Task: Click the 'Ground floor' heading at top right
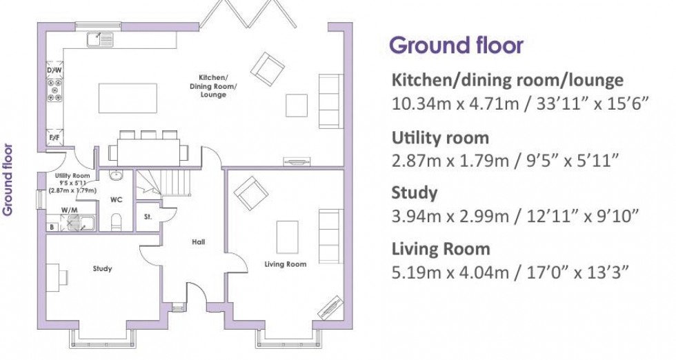[456, 46]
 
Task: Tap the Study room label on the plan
[102, 268]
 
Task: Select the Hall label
[198, 241]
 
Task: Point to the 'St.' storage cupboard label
[148, 216]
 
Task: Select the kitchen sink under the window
[100, 40]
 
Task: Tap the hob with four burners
[54, 90]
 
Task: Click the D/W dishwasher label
[54, 70]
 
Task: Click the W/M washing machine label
[68, 210]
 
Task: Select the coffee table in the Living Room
[288, 237]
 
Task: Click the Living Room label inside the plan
[286, 264]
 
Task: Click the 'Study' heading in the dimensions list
[414, 192]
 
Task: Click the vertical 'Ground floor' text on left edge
[8, 179]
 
